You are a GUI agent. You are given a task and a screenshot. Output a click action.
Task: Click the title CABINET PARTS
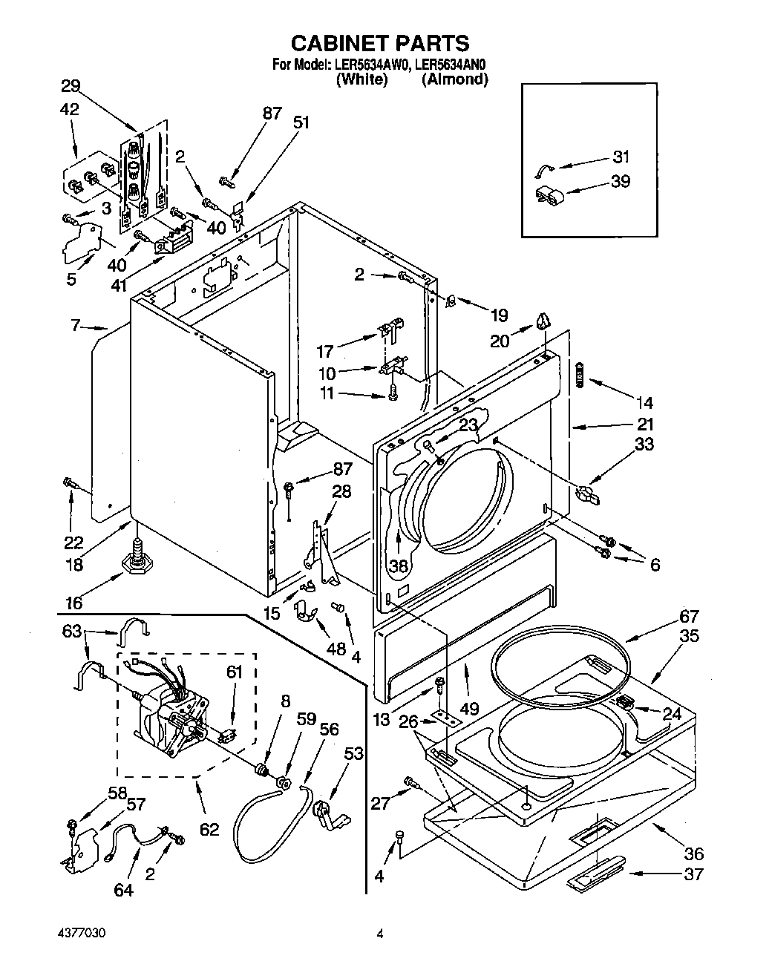[x=379, y=42]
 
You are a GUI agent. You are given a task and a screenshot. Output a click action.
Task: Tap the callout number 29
[x=71, y=85]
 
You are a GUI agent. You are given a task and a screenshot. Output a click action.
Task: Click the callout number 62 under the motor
[x=209, y=828]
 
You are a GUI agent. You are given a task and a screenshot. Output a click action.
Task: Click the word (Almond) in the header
[x=454, y=79]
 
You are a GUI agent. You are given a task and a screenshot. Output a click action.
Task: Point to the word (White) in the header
[x=361, y=79]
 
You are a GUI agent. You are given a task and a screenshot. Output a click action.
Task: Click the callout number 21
[x=645, y=425]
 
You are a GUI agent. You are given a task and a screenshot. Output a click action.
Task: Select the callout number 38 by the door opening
[x=399, y=566]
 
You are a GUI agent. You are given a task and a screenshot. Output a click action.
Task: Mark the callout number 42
[x=70, y=109]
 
